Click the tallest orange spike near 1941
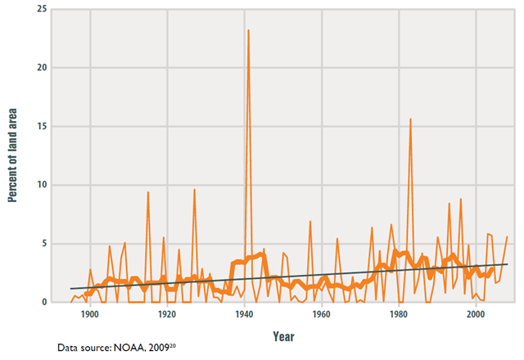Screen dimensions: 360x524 tap(248, 30)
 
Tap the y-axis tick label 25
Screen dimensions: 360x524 tap(42, 9)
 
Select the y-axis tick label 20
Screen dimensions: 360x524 tap(42, 68)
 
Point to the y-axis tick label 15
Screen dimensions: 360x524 tap(42, 127)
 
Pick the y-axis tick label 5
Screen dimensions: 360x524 tap(45, 244)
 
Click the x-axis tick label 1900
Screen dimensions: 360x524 tap(90, 315)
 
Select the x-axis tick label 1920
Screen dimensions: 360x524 tap(167, 315)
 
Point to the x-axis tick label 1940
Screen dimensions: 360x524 tap(244, 315)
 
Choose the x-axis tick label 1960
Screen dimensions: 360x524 tap(321, 315)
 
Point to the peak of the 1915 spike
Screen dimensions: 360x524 tap(147, 192)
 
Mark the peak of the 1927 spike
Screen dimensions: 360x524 tap(194, 190)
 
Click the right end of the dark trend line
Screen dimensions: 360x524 tap(507, 263)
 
